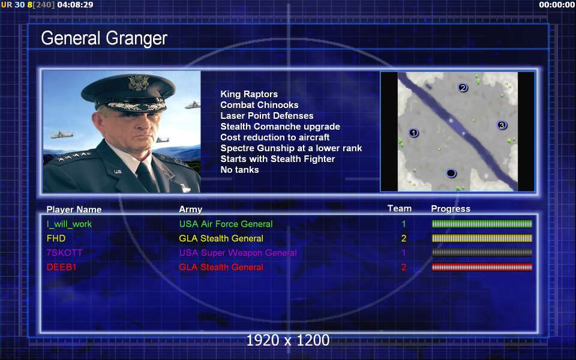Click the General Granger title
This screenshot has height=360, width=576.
click(x=104, y=38)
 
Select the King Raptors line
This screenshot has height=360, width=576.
click(x=249, y=94)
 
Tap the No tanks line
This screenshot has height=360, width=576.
click(x=239, y=170)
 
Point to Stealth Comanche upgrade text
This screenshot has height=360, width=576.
click(x=280, y=127)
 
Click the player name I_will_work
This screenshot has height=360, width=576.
click(x=69, y=224)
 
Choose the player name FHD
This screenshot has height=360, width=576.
click(x=56, y=238)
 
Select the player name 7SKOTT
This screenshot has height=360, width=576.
click(x=64, y=253)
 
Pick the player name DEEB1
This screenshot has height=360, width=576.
click(x=61, y=267)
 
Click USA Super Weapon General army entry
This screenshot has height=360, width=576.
click(x=238, y=253)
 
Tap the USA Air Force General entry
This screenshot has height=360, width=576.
click(x=226, y=224)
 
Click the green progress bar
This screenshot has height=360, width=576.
click(x=482, y=224)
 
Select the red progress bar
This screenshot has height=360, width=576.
click(x=482, y=267)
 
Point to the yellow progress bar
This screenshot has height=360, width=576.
click(x=482, y=238)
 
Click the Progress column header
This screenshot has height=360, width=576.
click(x=451, y=209)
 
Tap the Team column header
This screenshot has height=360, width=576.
click(x=400, y=208)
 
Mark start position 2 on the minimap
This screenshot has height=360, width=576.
click(x=463, y=88)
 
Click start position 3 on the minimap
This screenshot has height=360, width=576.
click(x=502, y=125)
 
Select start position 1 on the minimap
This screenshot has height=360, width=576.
click(x=413, y=133)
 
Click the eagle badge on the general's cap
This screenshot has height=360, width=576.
click(x=139, y=82)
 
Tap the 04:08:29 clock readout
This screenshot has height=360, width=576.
click(x=76, y=5)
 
